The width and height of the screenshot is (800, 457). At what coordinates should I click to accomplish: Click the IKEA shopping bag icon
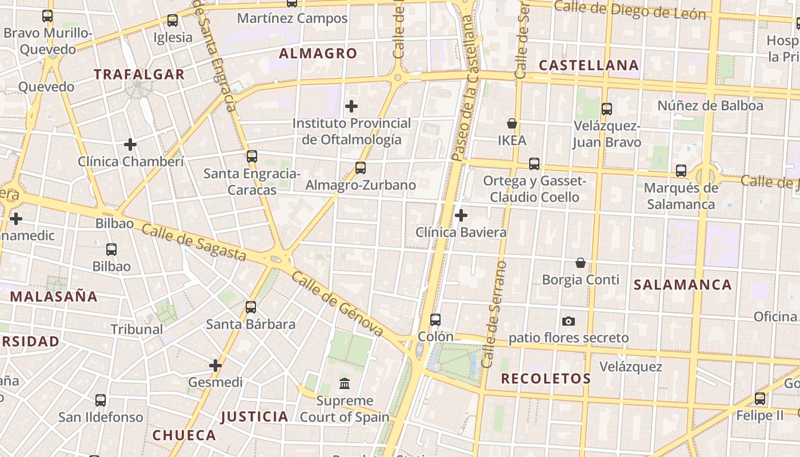511,123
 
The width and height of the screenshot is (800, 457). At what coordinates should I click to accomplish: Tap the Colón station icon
435,320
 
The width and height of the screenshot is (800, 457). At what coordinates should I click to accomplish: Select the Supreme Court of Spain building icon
345,383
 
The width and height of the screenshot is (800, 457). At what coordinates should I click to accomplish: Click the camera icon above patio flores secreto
568,322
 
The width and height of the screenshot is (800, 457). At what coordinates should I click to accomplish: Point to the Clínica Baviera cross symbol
461,215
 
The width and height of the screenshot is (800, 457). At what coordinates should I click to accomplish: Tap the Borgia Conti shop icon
580,263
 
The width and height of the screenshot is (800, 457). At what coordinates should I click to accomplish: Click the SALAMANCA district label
682,284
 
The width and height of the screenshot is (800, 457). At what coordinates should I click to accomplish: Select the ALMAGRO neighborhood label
318,54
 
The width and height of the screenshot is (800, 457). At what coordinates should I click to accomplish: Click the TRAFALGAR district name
139,74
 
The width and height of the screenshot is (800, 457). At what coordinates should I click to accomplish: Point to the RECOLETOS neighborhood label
546,378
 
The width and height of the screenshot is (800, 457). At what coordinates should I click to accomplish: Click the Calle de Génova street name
337,304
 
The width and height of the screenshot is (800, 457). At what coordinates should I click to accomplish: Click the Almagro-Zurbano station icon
360,168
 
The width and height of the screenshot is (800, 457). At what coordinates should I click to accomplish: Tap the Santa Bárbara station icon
250,307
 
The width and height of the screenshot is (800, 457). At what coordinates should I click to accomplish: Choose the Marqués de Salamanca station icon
681,171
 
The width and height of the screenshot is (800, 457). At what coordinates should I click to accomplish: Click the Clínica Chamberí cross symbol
130,145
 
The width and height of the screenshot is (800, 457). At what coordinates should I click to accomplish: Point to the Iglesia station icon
172,21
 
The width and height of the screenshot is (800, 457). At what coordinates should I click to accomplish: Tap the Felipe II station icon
759,399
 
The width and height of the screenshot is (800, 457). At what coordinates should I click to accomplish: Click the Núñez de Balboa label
710,106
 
